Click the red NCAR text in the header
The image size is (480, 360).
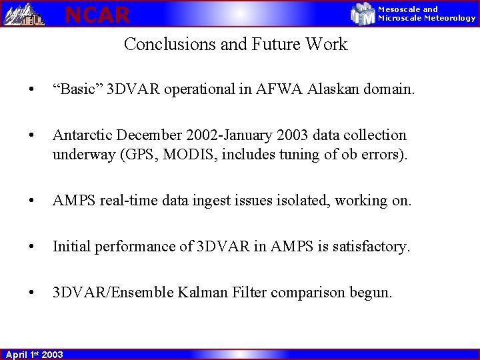coord(97,14)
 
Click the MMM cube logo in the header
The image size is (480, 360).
coord(363,13)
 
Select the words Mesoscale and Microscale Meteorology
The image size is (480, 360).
coord(427,13)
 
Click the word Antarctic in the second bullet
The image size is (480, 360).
coord(81,135)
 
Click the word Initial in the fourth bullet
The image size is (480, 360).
coord(73,247)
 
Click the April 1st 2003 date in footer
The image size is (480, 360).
coord(35,354)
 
